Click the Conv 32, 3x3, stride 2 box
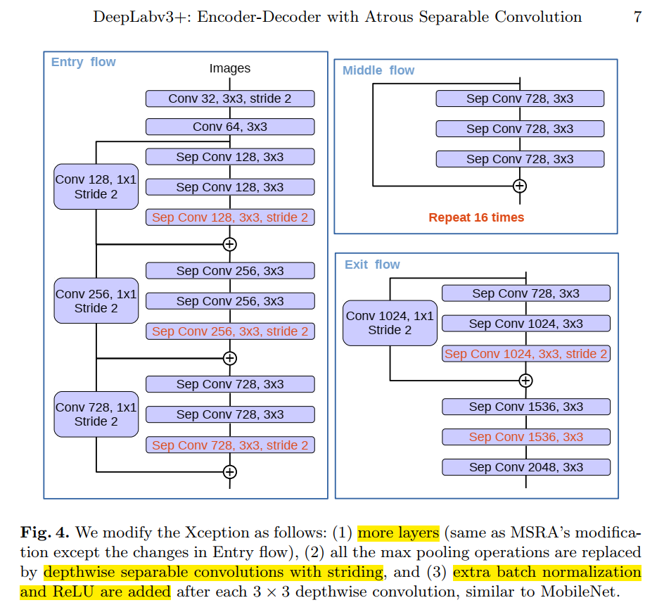point(230,98)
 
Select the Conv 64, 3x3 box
point(230,127)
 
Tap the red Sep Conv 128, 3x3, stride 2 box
point(230,217)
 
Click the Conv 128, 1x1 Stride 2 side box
point(96,186)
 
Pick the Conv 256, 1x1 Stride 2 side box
point(96,300)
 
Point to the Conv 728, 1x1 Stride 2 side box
point(96,414)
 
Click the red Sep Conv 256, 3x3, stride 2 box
point(230,331)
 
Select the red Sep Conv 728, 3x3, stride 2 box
point(230,445)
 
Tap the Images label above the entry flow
point(230,68)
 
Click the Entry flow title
point(84,62)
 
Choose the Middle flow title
point(378,70)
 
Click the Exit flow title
point(372,265)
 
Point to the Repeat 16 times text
point(476,217)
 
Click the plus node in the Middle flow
point(519,186)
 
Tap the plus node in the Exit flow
point(525,381)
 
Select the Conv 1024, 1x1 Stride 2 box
point(390,323)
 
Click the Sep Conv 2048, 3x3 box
point(526,467)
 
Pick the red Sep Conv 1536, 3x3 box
point(526,437)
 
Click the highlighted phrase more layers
point(398,532)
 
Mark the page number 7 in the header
point(637,17)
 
